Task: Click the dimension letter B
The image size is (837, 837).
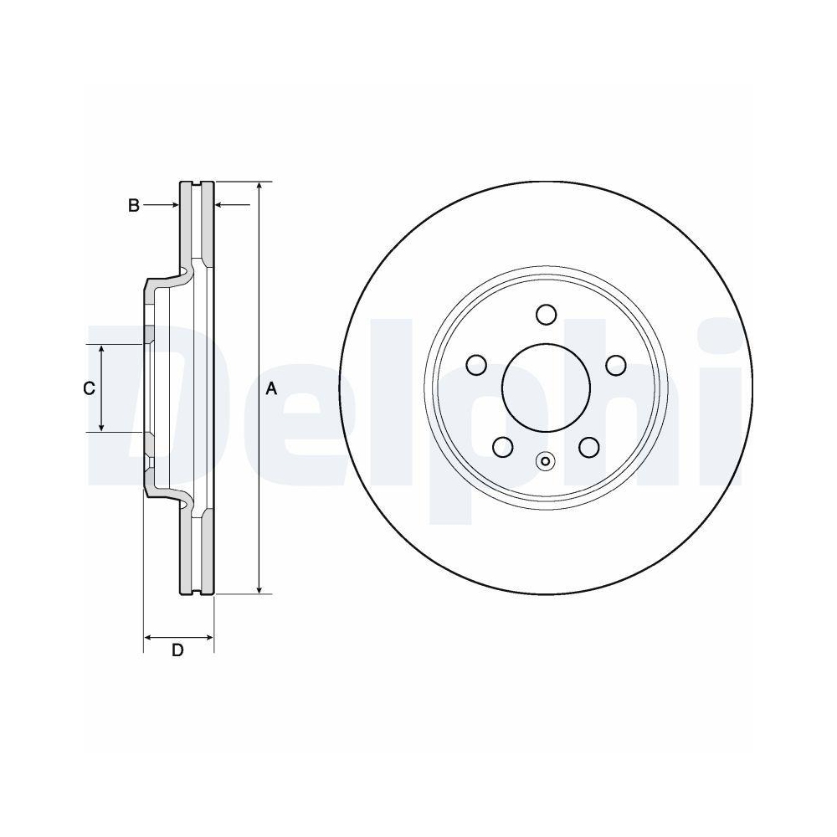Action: coord(133,205)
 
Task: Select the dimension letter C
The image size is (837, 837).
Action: coord(89,388)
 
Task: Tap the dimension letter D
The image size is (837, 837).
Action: coord(177,650)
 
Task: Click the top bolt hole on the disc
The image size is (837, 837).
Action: coord(546,315)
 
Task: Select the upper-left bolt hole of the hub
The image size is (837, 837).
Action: coord(476,365)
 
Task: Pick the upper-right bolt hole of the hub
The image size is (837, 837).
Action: coord(616,365)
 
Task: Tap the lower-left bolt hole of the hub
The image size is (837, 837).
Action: coord(502,447)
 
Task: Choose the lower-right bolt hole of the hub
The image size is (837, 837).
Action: coord(589,447)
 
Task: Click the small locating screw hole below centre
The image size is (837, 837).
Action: coord(546,460)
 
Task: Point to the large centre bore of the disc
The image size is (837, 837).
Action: coord(546,388)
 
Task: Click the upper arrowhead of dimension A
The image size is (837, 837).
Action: coord(259,187)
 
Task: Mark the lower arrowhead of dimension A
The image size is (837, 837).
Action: coord(259,588)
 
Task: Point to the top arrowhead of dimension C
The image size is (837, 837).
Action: coord(102,350)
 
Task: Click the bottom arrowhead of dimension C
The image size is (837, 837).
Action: coord(102,426)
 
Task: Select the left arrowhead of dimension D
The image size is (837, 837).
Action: coord(149,638)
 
